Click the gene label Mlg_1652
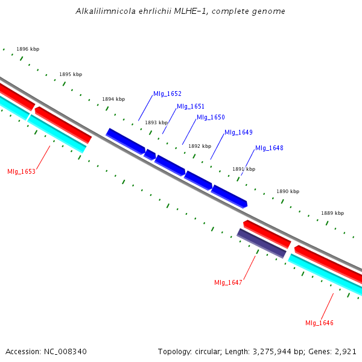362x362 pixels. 167,94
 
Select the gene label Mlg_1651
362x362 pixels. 191,106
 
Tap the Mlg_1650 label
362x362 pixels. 211,117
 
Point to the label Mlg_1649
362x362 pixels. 238,132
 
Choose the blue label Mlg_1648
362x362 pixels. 269,148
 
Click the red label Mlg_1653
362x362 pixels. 21,171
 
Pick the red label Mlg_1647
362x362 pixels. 228,282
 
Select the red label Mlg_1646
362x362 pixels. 319,323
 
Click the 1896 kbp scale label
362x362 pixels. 28,49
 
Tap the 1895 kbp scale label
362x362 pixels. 71,74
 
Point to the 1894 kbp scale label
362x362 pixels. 113,99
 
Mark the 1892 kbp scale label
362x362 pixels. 200,146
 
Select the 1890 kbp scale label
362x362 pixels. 288,191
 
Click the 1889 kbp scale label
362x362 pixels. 332,213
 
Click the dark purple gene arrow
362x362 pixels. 261,243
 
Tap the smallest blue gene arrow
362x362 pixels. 150,154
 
